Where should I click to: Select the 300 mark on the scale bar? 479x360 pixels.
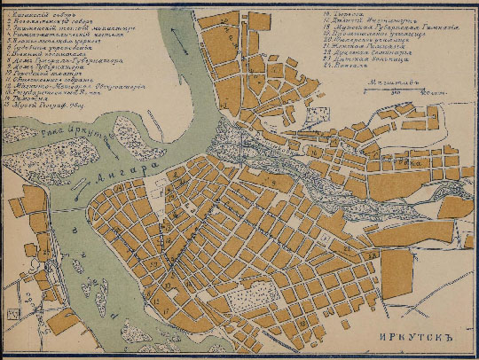(x=396, y=90)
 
